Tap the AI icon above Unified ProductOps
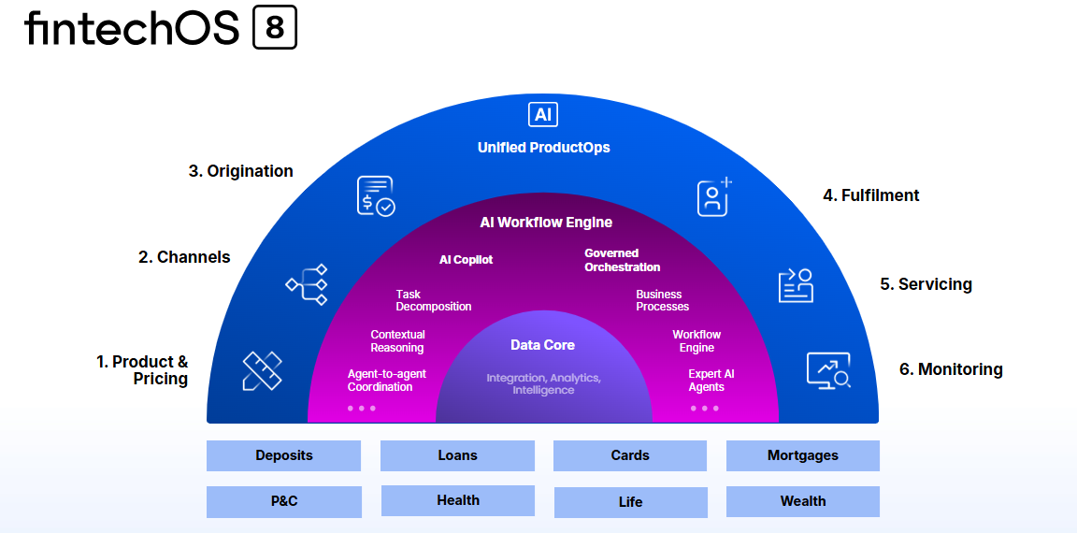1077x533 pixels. pyautogui.click(x=543, y=114)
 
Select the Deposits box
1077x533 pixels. pyautogui.click(x=283, y=455)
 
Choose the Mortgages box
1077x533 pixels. pyautogui.click(x=803, y=455)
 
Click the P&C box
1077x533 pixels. pyautogui.click(x=283, y=501)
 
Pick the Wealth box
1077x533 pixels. pyautogui.click(x=803, y=501)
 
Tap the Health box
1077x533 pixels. pyautogui.click(x=458, y=500)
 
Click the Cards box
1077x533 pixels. pyautogui.click(x=630, y=455)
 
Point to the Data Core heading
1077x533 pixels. pyautogui.click(x=542, y=345)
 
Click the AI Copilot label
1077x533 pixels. pyautogui.click(x=467, y=260)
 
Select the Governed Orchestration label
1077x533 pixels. pyautogui.click(x=623, y=260)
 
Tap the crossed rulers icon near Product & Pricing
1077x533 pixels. pyautogui.click(x=263, y=371)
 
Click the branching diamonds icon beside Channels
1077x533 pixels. pyautogui.click(x=307, y=284)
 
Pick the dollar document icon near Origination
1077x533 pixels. pyautogui.click(x=376, y=196)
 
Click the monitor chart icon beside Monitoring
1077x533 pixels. pyautogui.click(x=828, y=371)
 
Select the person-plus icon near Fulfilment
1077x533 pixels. pyautogui.click(x=714, y=197)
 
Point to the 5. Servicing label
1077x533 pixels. pyautogui.click(x=926, y=284)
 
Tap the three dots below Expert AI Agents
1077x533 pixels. pyautogui.click(x=705, y=408)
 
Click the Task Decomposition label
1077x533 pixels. pyautogui.click(x=434, y=300)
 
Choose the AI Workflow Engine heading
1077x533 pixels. pyautogui.click(x=546, y=223)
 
